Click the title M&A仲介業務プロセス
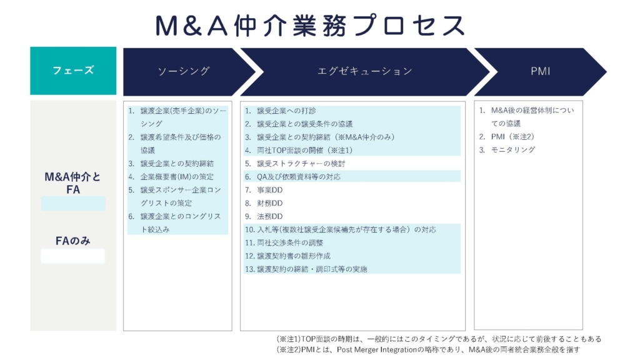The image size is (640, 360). (x=310, y=25)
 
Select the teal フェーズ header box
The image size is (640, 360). (x=73, y=71)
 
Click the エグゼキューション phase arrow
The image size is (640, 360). (x=365, y=71)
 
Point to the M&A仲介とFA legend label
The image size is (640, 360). (x=72, y=183)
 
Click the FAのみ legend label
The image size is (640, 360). (x=73, y=241)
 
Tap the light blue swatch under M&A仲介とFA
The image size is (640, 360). (x=73, y=203)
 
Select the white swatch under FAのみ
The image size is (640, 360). (x=72, y=256)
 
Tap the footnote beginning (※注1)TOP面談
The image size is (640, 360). (x=439, y=339)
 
